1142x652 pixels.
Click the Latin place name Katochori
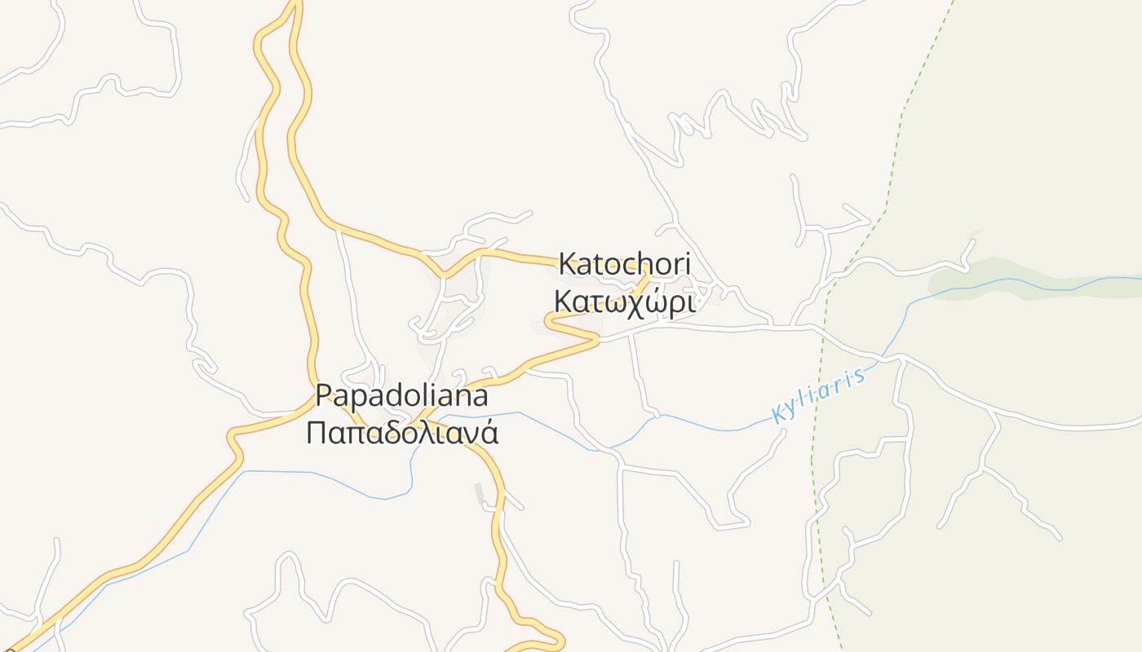tap(624, 264)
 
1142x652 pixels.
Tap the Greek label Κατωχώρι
tap(624, 302)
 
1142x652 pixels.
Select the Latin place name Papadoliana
tap(401, 396)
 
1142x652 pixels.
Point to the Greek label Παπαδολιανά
tap(401, 433)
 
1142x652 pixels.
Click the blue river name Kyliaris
tap(818, 395)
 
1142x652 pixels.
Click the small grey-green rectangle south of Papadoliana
tap(480, 493)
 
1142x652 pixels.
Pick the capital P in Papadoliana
tap(324, 396)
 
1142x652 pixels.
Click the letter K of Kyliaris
tap(778, 413)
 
